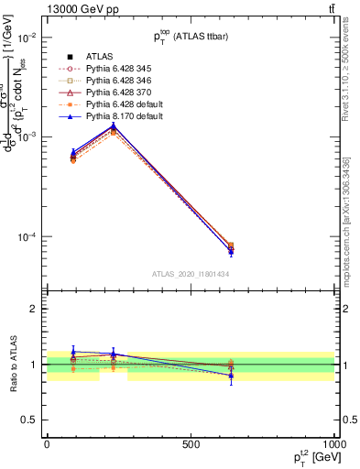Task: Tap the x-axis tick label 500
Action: click(x=191, y=445)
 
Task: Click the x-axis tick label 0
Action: click(x=47, y=445)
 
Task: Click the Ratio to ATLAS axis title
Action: click(x=13, y=365)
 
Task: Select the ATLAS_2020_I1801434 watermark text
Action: click(x=191, y=274)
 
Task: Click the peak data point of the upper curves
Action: click(x=113, y=127)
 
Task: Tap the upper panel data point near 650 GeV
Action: click(x=230, y=248)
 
